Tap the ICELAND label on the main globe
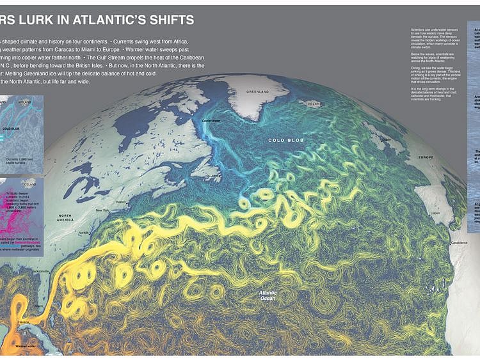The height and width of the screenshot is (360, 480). tap(314, 104)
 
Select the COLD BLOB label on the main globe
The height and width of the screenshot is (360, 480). tap(284, 140)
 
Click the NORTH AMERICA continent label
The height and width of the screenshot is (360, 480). tap(65, 217)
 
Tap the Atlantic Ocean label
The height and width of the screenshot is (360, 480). tap(268, 295)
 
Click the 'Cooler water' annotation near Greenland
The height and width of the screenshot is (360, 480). tap(211, 120)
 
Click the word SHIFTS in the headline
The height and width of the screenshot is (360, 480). tap(159, 19)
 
